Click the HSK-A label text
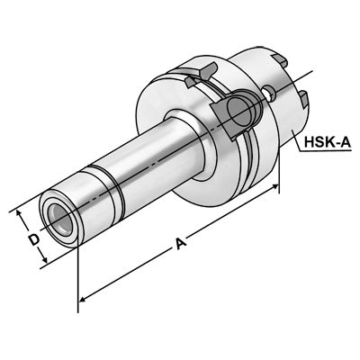328,141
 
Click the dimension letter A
180,244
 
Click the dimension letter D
34,239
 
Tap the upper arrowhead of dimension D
19,213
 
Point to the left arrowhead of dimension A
83,299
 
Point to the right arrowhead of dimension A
274,187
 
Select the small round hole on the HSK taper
268,93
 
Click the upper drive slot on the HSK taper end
280,60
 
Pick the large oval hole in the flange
239,113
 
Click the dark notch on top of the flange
208,70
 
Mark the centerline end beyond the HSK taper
312,71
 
